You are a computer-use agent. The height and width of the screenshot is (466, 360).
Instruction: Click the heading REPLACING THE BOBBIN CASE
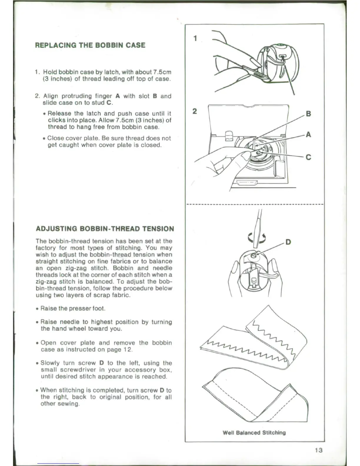coord(90,45)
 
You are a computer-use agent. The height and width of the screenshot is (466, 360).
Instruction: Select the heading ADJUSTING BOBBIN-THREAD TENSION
coord(105,229)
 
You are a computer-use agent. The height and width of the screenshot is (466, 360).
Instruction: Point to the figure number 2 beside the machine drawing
coord(194,111)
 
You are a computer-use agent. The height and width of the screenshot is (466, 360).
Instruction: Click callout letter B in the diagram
coord(308,114)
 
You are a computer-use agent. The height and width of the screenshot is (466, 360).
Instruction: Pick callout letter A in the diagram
coord(308,135)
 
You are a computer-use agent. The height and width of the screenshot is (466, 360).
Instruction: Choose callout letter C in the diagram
coord(308,157)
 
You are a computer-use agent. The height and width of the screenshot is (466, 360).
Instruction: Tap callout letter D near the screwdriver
coord(288,242)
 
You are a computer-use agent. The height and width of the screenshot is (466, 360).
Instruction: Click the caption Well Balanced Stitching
coord(254,432)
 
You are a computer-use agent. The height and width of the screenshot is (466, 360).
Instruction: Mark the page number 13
coord(318,450)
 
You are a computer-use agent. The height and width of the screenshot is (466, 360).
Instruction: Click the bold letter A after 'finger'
coord(118,96)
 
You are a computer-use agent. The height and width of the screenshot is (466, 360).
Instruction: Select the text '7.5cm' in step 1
coord(161,72)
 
